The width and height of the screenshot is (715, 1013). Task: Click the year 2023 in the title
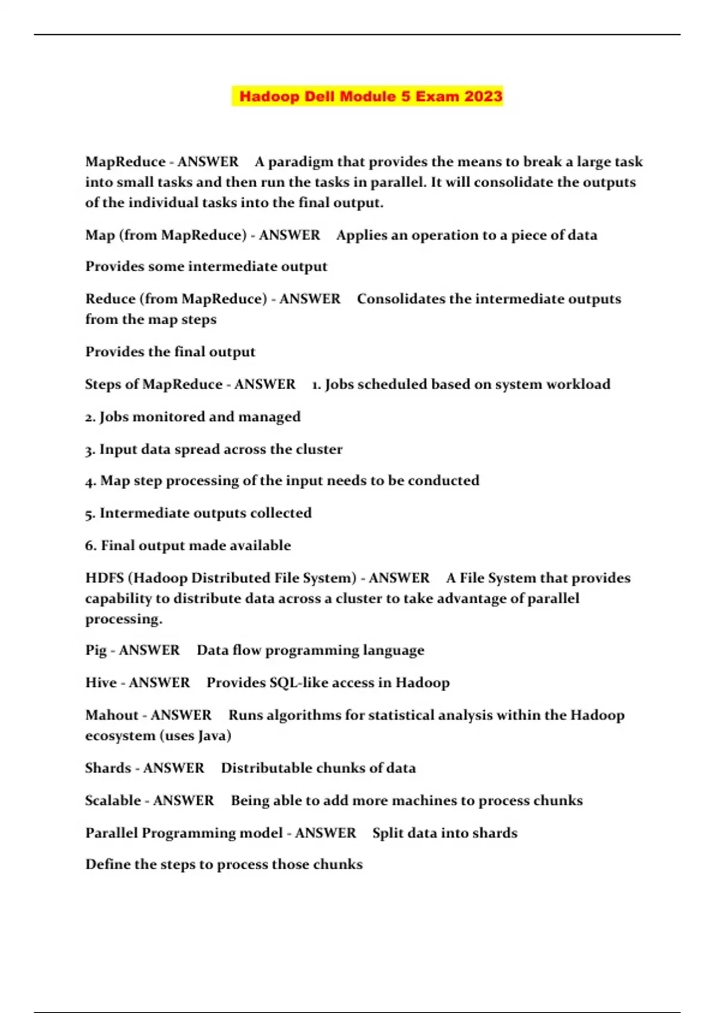(x=483, y=96)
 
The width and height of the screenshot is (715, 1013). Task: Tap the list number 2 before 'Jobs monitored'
(x=90, y=417)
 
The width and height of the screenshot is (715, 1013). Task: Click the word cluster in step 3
(x=319, y=449)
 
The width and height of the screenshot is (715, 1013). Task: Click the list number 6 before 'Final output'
(x=90, y=546)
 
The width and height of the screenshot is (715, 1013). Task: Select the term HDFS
(x=104, y=578)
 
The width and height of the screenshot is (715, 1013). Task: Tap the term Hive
(x=101, y=683)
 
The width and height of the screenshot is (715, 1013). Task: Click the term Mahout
(x=111, y=715)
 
